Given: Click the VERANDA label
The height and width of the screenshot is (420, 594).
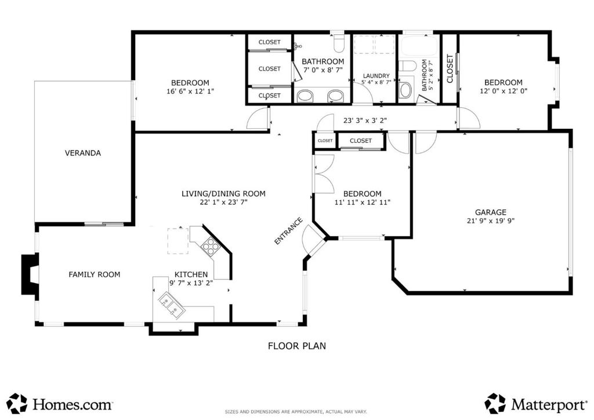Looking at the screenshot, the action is [x=82, y=153].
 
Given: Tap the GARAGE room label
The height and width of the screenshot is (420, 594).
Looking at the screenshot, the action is [x=491, y=212].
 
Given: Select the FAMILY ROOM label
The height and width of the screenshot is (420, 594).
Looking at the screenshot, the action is [x=95, y=274].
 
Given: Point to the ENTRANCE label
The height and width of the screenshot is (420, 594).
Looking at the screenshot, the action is [x=288, y=231].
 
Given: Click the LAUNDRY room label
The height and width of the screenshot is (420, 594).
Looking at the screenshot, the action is [x=376, y=76].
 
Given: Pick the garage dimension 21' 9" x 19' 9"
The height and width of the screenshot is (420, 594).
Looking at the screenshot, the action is [x=491, y=221].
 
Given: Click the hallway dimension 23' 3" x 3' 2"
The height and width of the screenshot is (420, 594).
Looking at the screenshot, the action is [x=365, y=121].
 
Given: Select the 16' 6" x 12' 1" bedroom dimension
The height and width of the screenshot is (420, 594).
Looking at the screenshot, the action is [x=190, y=91].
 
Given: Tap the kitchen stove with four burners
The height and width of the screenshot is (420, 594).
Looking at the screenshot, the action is [x=211, y=247].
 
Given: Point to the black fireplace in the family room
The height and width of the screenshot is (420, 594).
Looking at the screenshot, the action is [x=30, y=274].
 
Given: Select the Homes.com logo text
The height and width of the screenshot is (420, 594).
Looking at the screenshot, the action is [x=73, y=404].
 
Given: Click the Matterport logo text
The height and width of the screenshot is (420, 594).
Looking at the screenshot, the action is [x=549, y=405].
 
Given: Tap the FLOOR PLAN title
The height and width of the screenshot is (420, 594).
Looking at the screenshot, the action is [x=297, y=346].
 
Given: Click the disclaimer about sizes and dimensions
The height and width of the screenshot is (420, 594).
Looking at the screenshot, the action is [x=296, y=412].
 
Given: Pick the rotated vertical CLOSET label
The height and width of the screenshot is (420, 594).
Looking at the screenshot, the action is [x=450, y=69].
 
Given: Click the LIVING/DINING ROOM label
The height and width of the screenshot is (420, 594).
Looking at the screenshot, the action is [x=223, y=194].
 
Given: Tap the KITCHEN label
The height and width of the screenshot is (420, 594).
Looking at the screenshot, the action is [x=191, y=274].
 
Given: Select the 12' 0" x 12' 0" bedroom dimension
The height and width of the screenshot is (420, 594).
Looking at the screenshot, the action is [x=504, y=91].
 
